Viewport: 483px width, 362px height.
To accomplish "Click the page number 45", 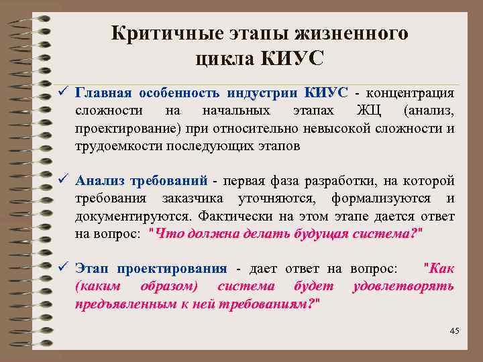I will [454, 331].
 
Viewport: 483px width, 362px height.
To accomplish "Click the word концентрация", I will [410, 92].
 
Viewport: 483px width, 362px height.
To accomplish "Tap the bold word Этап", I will [92, 269].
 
